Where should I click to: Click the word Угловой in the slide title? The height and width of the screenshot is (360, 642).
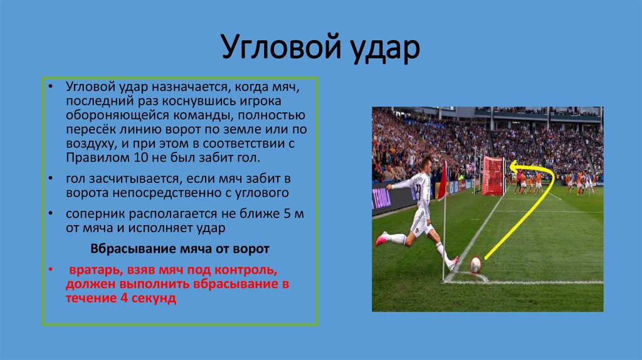(x=282, y=47)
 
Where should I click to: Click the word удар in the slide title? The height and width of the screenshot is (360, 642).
(x=386, y=48)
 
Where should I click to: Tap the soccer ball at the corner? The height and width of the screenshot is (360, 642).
(x=475, y=265)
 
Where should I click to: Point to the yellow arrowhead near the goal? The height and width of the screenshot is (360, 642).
(x=514, y=167)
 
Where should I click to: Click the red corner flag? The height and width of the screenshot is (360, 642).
(x=443, y=180)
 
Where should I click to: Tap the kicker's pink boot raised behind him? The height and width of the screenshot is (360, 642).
(x=382, y=238)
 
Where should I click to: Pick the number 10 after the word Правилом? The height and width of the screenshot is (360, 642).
(x=141, y=157)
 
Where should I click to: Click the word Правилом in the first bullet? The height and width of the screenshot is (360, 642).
(x=98, y=157)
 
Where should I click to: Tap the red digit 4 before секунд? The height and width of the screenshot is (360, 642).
(x=124, y=298)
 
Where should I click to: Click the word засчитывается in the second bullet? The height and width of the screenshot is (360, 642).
(x=137, y=179)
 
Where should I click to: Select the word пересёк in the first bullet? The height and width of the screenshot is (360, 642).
(x=90, y=129)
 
